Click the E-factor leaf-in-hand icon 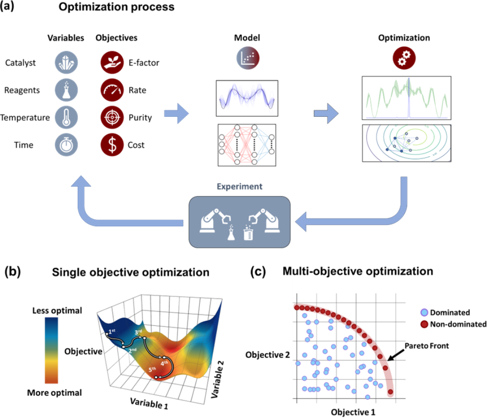111,62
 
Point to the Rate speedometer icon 111,90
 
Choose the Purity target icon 111,117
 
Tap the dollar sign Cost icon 111,145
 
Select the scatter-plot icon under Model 247,58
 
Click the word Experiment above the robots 240,187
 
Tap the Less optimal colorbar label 57,311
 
